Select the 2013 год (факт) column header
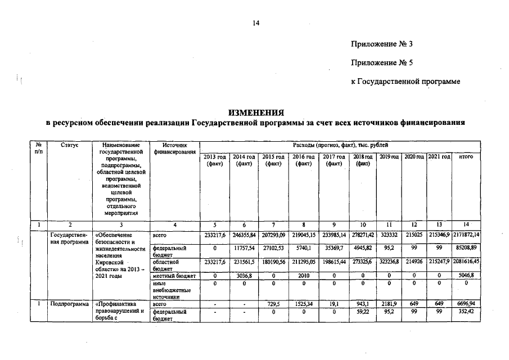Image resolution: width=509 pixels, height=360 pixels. point(214,160)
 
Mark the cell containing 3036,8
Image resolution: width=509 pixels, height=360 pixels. point(244,276)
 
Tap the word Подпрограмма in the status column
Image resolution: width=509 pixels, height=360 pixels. point(69,304)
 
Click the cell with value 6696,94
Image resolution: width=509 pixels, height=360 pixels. point(465,304)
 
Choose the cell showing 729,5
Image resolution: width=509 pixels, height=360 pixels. point(273,304)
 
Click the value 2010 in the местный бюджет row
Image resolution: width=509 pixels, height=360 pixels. point(303,276)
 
